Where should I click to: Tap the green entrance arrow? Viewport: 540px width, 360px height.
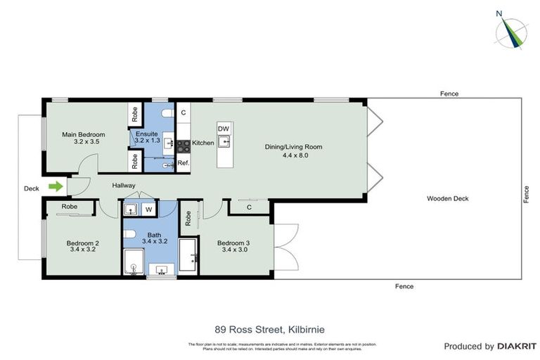tap(54, 186)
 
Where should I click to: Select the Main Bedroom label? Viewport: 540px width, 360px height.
tap(83, 134)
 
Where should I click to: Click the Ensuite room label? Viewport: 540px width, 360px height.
tap(147, 134)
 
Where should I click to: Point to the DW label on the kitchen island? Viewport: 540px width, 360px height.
tap(223, 129)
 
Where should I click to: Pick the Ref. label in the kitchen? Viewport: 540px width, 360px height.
tap(183, 163)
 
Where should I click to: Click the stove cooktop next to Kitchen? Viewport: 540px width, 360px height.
tap(183, 146)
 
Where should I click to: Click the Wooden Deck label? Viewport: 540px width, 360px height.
tap(447, 198)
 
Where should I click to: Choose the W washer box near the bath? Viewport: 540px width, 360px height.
tap(149, 209)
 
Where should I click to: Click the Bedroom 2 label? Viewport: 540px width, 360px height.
tap(83, 243)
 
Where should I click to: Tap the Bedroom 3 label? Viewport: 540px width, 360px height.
tap(233, 243)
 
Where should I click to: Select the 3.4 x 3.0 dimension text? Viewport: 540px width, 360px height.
tap(233, 250)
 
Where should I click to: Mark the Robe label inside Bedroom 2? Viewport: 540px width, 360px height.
tap(69, 207)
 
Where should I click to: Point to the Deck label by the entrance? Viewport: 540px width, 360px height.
tap(32, 188)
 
